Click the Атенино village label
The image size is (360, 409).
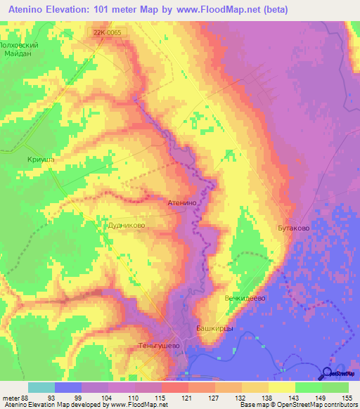186,202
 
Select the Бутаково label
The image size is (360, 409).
293,228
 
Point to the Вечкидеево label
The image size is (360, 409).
244,299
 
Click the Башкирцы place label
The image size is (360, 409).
214,328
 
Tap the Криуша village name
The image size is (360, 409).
41,160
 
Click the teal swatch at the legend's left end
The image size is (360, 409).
41,387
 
